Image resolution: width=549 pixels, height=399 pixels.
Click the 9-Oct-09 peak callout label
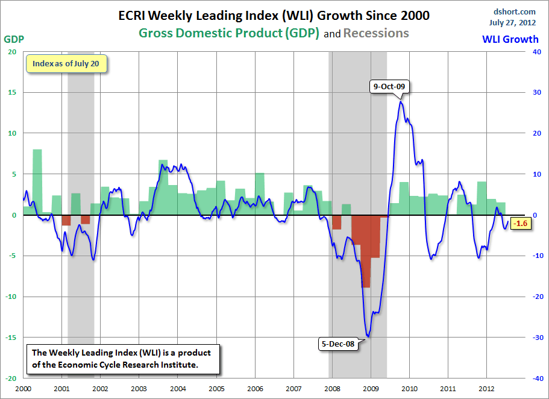[x=389, y=86]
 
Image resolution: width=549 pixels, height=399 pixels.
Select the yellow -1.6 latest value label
[x=519, y=224]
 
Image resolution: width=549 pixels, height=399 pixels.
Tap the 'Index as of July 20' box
[x=66, y=64]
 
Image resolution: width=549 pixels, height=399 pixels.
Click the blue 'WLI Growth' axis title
[x=510, y=40]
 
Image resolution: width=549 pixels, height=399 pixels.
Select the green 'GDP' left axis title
[x=14, y=39]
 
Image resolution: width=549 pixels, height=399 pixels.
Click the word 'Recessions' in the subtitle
[x=376, y=33]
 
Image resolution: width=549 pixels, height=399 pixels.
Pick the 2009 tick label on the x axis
[x=371, y=389]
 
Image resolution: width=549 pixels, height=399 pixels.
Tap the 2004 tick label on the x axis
[x=177, y=389]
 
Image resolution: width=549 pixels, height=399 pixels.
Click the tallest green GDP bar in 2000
[x=37, y=181]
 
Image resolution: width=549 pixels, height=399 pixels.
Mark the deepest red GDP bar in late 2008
[x=366, y=253]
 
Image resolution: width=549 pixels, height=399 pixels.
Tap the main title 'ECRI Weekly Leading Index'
[x=274, y=16]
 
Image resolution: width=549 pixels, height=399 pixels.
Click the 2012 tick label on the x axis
[x=486, y=389]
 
